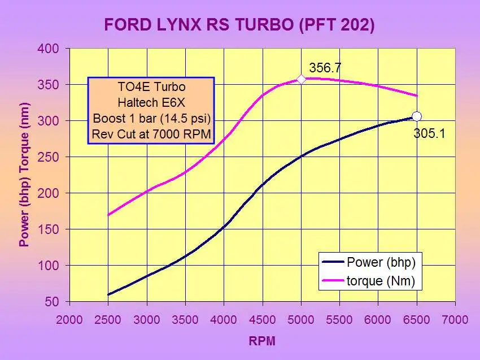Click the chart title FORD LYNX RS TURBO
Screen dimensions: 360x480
pos(239,25)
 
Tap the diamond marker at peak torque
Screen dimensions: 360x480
pos(301,79)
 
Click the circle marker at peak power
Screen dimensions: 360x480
pos(416,116)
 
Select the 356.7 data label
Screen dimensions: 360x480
pos(325,68)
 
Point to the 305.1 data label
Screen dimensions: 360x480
pos(430,135)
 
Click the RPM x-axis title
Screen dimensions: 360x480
pos(263,341)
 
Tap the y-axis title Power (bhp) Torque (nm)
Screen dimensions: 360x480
pos(24,175)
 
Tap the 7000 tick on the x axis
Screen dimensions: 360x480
pos(455,319)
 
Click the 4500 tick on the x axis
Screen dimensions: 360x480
pos(263,319)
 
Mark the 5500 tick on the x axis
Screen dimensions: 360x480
pos(339,319)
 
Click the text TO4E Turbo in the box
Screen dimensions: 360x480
pos(151,88)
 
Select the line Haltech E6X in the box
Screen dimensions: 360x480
pos(151,103)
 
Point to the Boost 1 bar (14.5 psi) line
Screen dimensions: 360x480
pos(151,119)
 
